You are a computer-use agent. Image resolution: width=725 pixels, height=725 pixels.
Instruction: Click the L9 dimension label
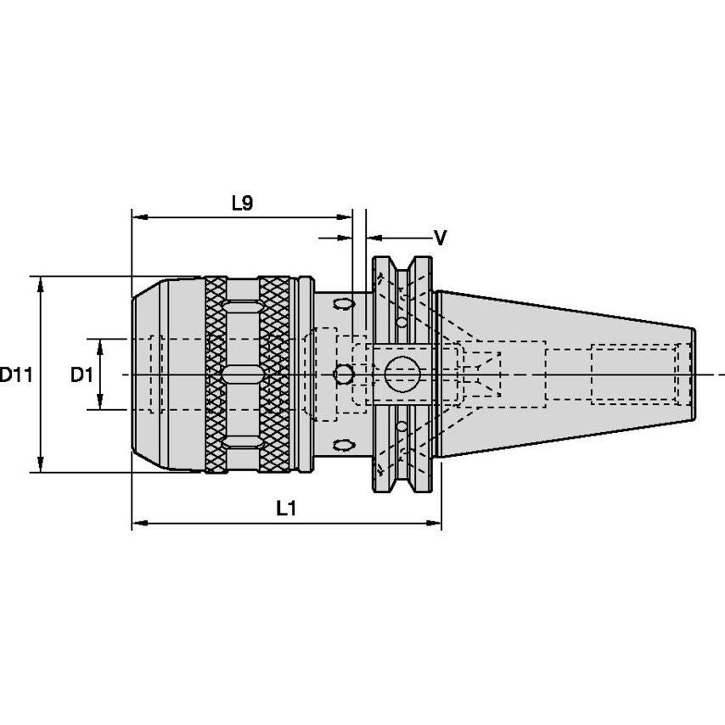(x=242, y=203)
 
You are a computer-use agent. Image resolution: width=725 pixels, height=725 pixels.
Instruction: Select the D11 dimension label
(x=15, y=374)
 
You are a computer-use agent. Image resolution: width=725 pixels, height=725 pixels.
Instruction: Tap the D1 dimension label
(x=81, y=374)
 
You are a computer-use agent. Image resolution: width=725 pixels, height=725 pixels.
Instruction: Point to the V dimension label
(x=440, y=239)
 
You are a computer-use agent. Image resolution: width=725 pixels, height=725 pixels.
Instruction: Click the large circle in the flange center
(x=402, y=374)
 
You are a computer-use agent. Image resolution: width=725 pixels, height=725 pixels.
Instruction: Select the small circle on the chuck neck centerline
(x=344, y=374)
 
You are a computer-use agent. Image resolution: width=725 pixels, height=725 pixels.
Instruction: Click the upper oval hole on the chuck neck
(x=344, y=303)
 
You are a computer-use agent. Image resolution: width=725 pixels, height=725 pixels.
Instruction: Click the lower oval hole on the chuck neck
(x=344, y=445)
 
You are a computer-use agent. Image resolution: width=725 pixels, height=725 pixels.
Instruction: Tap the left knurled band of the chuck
(x=216, y=374)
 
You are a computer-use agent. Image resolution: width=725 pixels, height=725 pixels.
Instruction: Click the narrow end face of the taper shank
(x=694, y=374)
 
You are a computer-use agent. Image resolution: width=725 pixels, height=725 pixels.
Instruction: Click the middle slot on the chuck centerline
(x=244, y=374)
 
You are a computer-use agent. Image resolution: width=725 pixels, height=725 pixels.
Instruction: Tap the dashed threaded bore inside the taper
(x=632, y=374)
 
